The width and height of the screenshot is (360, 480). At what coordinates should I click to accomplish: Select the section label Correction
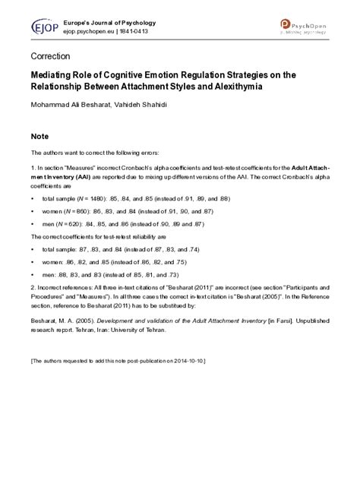coord(50,57)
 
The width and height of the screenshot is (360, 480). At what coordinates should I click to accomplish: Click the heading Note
coord(39,137)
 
